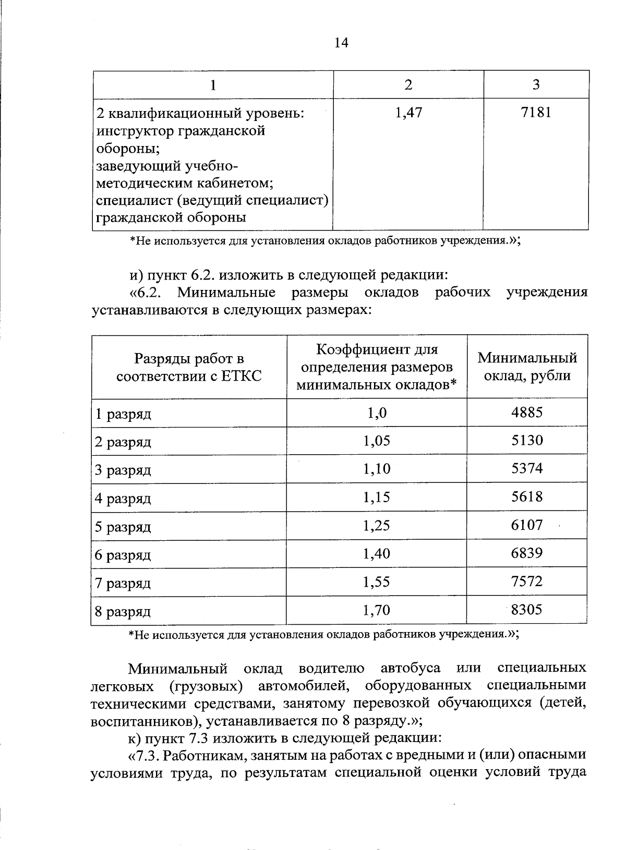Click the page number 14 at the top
point(341,43)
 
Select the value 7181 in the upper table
point(536,113)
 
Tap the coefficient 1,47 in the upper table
point(408,113)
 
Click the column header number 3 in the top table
point(536,84)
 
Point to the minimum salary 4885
point(527,412)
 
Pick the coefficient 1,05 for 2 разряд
point(377,441)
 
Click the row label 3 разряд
point(123,470)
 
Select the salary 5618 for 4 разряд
point(527,497)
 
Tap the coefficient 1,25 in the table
point(377,525)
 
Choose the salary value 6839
point(527,553)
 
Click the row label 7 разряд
point(123,583)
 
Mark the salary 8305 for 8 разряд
point(527,609)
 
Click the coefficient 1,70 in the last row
point(377,610)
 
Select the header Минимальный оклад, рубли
point(527,367)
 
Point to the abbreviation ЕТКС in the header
point(242,376)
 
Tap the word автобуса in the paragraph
point(411,668)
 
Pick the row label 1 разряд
point(123,414)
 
